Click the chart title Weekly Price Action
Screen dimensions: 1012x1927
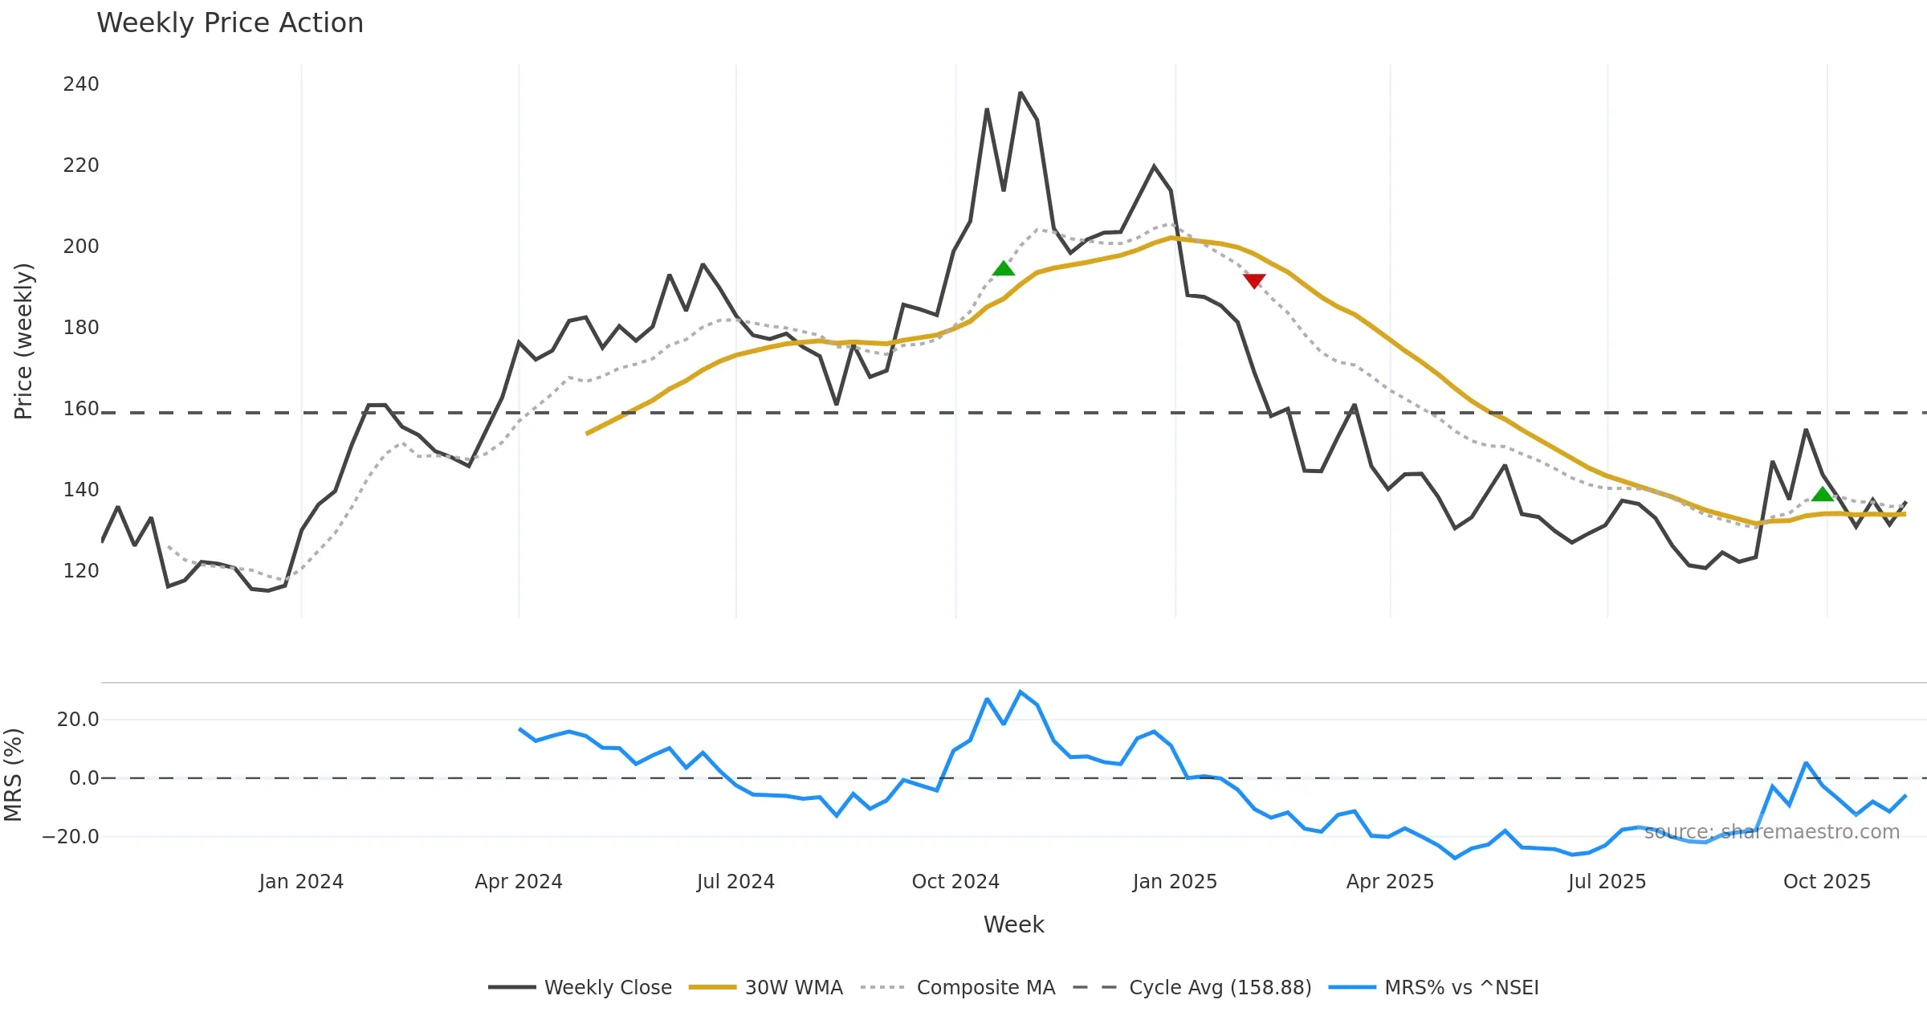click(230, 23)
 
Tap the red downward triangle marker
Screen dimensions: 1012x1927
click(1254, 280)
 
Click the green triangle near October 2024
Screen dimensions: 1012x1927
click(1004, 268)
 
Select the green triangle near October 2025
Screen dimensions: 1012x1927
click(1823, 494)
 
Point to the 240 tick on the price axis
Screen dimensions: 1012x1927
click(81, 84)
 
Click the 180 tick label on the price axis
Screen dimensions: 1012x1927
click(81, 328)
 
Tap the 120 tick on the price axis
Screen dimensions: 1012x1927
click(81, 571)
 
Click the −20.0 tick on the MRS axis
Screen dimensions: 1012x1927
click(71, 837)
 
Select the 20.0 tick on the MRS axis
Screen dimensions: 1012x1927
click(78, 720)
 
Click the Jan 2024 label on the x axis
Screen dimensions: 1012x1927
click(301, 882)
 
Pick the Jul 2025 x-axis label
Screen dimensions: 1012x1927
click(1607, 882)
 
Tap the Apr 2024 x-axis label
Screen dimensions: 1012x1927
click(519, 882)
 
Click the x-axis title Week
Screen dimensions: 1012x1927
click(1013, 924)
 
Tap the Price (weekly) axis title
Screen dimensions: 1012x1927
click(23, 341)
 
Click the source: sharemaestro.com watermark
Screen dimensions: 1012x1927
click(1772, 832)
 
